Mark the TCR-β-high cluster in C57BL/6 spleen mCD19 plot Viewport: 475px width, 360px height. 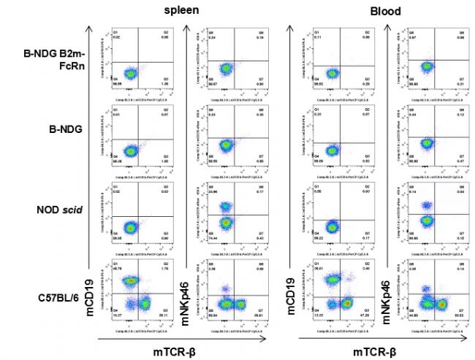coord(145,302)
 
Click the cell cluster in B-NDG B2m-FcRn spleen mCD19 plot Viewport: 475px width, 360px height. coord(129,73)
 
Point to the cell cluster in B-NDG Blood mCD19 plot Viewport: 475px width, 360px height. coord(332,150)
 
